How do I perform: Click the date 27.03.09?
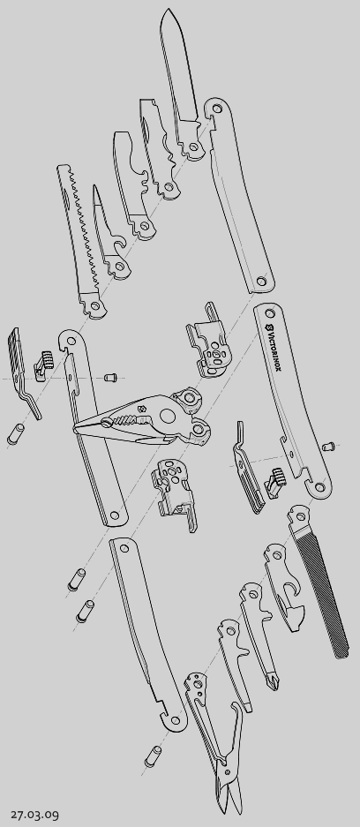coord(34,815)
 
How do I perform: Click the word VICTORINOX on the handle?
coord(276,349)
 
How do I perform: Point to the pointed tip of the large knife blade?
coord(169,9)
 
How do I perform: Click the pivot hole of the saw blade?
coord(95,304)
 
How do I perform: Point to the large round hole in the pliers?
coord(167,417)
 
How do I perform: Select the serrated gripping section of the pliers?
coord(131,420)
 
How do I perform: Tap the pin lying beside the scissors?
coord(153,756)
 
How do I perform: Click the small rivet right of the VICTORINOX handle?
coord(328,447)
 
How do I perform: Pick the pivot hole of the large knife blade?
coord(193,147)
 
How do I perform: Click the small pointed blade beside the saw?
coord(109,231)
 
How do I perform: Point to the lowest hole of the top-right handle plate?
coord(261,281)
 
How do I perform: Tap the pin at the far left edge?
coord(15,434)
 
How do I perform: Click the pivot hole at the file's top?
coord(300,516)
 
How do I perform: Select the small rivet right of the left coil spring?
coord(109,377)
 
